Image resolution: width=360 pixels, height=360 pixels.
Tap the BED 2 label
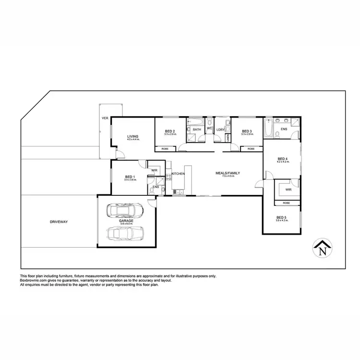169,131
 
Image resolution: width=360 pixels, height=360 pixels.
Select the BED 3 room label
247,131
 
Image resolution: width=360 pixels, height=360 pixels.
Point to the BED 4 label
283,159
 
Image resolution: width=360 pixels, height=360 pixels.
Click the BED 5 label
281,218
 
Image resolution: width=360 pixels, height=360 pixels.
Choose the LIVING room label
132,137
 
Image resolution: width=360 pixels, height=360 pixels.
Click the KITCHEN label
178,173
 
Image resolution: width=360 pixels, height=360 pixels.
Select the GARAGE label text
126,221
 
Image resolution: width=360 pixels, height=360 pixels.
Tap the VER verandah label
104,118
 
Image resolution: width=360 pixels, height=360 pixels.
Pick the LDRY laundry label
221,129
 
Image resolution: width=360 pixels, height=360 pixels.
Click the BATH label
197,129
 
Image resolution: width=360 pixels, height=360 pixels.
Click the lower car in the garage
126,234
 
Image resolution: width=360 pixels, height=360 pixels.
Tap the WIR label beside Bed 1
155,170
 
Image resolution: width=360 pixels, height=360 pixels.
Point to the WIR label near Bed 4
288,190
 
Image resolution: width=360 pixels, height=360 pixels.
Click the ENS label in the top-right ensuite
284,129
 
